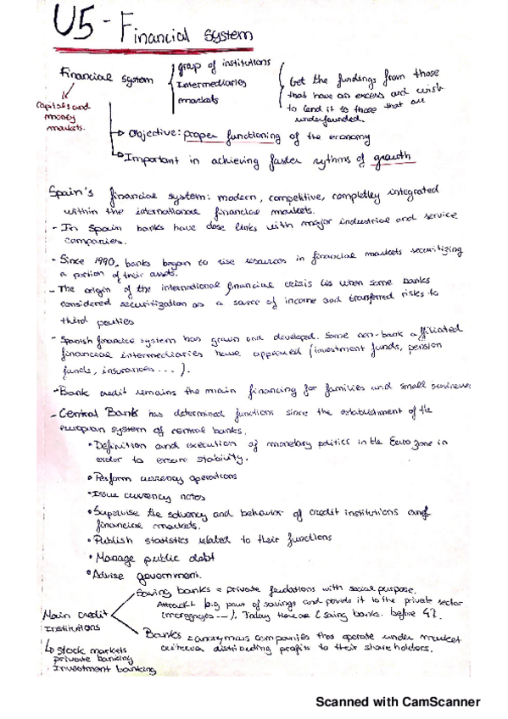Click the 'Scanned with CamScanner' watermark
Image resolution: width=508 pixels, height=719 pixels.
click(x=398, y=702)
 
